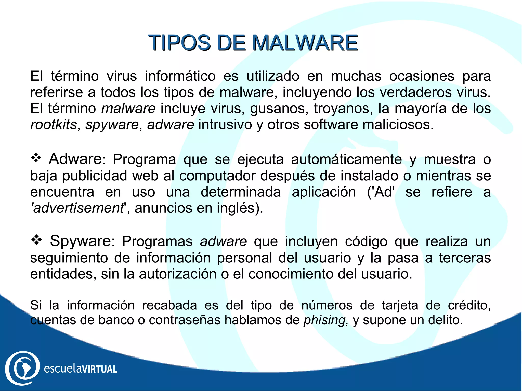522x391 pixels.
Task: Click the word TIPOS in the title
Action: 179,43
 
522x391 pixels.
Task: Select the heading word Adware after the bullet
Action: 75,159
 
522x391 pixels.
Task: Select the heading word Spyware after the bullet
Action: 81,241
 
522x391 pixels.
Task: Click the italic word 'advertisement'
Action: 78,208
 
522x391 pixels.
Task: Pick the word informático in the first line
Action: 180,76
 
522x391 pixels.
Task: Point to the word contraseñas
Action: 185,320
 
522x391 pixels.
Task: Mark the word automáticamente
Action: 346,160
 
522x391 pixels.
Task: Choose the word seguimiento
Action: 69,258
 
